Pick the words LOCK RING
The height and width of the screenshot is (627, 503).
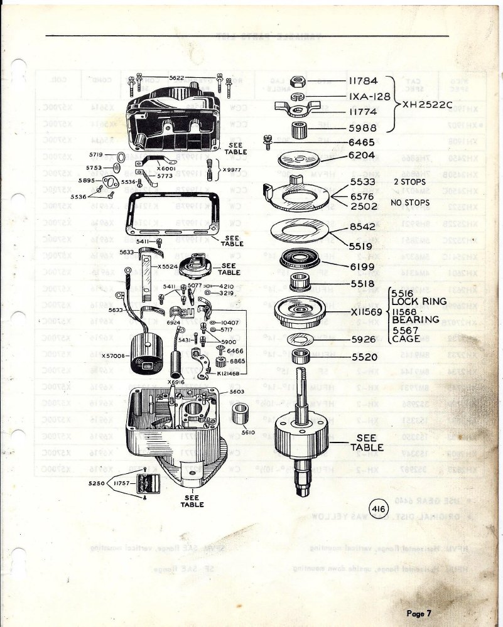click(419, 301)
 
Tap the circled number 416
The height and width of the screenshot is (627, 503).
click(379, 509)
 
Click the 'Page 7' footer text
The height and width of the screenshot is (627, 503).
click(419, 613)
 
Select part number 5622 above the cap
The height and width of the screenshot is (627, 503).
click(176, 77)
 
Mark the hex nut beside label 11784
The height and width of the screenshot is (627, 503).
click(300, 82)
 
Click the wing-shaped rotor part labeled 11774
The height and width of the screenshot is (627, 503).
click(299, 111)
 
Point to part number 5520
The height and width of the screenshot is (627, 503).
click(362, 356)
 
